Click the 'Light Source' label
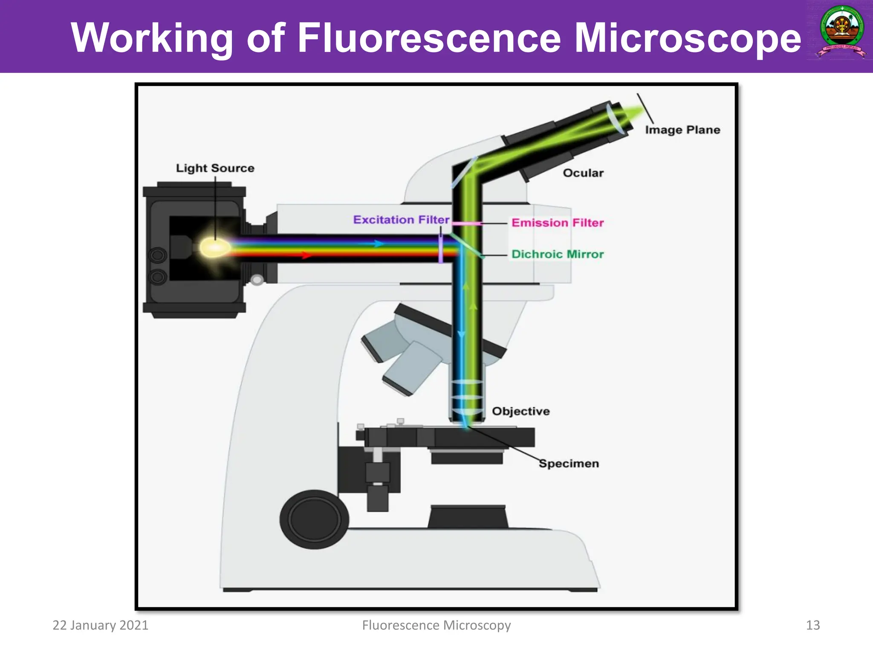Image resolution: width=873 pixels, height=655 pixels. pos(215,168)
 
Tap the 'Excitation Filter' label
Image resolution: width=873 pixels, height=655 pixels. pos(401,220)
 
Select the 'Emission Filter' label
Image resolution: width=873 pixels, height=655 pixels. pos(558,223)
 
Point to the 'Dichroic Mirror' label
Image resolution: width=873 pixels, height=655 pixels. pos(558,254)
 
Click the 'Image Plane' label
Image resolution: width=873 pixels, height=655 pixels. pos(682,130)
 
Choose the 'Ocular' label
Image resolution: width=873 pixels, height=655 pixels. pos(583,173)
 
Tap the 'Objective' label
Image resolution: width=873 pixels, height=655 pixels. pos(521,411)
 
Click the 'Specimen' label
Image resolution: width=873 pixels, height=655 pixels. pos(569,464)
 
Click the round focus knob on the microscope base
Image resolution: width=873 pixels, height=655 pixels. pos(314,519)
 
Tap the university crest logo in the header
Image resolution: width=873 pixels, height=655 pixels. pos(841,33)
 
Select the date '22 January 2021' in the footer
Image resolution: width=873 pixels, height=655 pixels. pos(100,625)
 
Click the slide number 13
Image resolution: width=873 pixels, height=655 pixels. pos(812,625)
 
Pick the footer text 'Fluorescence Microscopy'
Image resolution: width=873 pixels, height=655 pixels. pos(436,625)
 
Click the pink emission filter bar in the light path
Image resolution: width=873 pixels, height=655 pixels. pos(466,223)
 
